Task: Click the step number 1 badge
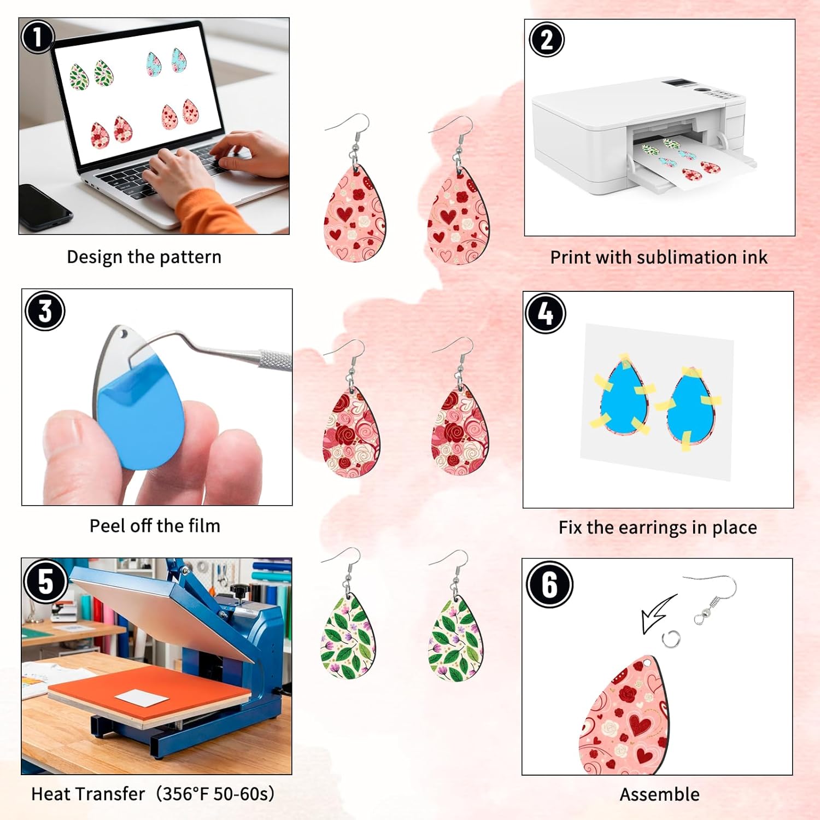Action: pyautogui.click(x=37, y=37)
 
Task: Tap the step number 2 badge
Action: pyautogui.click(x=546, y=39)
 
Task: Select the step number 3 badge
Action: pyautogui.click(x=45, y=311)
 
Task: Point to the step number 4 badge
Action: pyautogui.click(x=545, y=313)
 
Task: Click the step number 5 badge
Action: pyautogui.click(x=45, y=581)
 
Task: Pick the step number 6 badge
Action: pyautogui.click(x=549, y=584)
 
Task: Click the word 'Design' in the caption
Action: pyautogui.click(x=94, y=257)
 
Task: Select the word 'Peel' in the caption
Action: pyautogui.click(x=107, y=526)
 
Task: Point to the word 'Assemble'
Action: pyautogui.click(x=659, y=794)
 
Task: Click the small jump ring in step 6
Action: pyautogui.click(x=671, y=639)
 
